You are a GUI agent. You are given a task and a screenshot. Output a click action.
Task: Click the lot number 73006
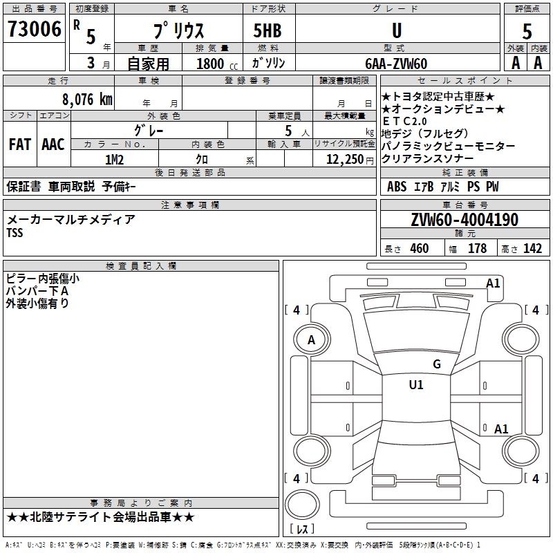pos(34,30)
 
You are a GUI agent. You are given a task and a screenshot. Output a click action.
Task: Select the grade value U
pos(396,30)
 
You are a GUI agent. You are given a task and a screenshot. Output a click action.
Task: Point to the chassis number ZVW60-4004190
pos(464,220)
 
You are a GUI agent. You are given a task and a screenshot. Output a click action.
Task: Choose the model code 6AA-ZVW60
pos(396,64)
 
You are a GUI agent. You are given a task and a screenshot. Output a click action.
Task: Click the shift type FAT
pos(19,144)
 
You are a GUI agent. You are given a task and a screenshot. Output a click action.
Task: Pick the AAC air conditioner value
pos(53,144)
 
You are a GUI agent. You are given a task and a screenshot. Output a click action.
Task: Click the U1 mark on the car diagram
pos(416,385)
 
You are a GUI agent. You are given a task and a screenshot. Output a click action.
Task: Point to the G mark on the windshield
pos(436,364)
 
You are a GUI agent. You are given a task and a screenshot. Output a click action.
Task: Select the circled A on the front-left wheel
pos(311,340)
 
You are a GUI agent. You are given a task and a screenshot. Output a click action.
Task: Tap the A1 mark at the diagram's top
pos(493,283)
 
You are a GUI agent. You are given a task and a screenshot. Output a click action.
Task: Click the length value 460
pos(419,249)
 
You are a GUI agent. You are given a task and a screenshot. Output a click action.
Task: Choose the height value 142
pos(532,249)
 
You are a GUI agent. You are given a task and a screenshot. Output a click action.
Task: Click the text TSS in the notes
pos(15,233)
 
